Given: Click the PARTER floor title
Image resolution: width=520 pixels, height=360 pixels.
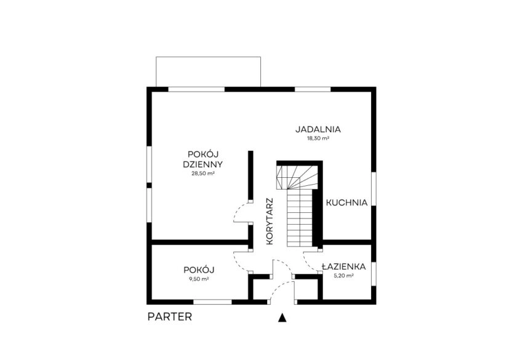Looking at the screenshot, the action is (x=169, y=316).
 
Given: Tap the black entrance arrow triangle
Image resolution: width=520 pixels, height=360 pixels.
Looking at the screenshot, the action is (x=282, y=318).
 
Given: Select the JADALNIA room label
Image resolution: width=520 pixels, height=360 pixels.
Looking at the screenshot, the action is (x=318, y=129).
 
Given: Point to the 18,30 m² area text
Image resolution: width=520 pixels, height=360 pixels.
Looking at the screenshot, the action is (x=318, y=138).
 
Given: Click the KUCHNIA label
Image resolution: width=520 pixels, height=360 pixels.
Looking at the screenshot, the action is (x=347, y=203).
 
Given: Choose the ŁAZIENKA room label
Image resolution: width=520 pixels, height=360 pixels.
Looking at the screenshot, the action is (x=343, y=266).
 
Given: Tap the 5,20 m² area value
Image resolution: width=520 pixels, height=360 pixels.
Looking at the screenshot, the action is (x=343, y=276).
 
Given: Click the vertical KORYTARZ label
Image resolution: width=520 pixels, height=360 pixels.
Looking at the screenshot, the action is (x=270, y=222).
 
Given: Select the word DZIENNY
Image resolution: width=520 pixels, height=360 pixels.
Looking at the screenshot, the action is (x=202, y=164).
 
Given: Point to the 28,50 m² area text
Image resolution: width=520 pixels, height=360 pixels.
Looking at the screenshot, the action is (x=203, y=173).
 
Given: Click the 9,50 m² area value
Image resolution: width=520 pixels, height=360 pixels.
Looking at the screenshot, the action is (x=199, y=279).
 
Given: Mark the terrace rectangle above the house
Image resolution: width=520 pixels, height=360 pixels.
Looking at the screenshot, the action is (x=208, y=71).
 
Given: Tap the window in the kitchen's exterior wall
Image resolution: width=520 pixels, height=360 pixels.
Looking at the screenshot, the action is (x=374, y=189).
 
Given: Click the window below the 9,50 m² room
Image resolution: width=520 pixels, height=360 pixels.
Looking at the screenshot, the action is (x=212, y=302).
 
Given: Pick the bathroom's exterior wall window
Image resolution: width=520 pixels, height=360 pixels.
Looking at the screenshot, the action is (x=374, y=274).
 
